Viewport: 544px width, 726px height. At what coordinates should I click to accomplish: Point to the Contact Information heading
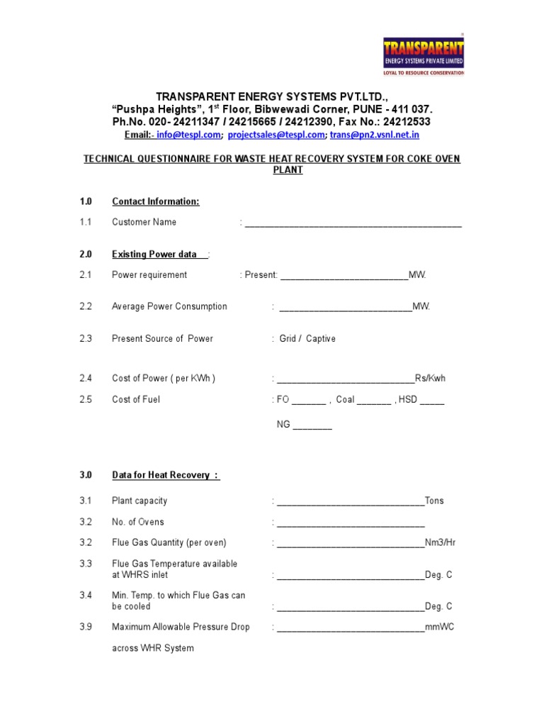tap(155, 201)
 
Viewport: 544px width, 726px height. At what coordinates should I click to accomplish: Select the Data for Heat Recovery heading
tap(165, 475)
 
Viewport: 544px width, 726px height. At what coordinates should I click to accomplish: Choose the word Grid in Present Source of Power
tap(288, 339)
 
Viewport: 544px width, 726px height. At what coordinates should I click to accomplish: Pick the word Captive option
tap(321, 339)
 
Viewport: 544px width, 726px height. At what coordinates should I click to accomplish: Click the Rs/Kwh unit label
tap(430, 378)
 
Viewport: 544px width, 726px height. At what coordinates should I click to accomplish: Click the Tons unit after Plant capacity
tap(434, 501)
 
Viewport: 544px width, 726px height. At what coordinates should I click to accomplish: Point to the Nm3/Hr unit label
tap(440, 542)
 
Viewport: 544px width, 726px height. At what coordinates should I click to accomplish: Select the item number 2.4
tap(86, 378)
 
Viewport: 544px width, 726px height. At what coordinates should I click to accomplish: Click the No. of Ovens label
tap(137, 522)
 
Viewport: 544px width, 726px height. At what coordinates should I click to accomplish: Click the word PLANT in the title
tap(288, 170)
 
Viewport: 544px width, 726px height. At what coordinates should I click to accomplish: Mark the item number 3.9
tap(86, 627)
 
